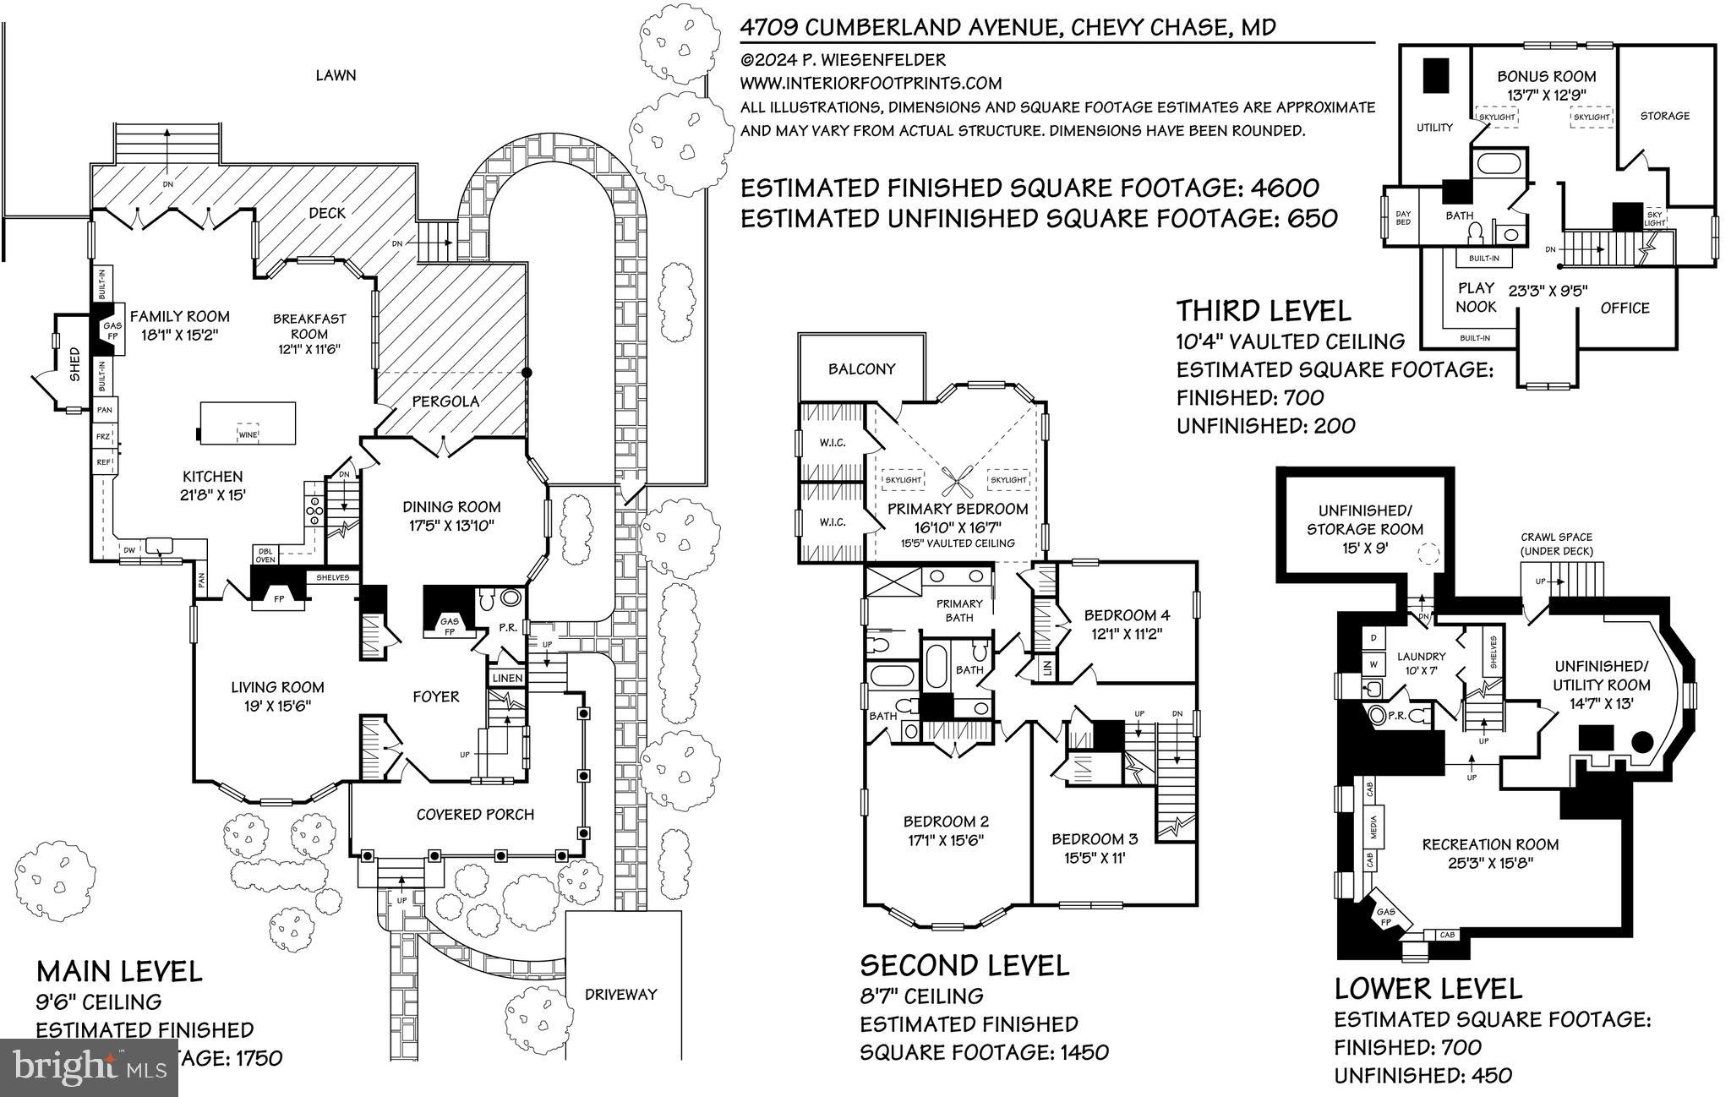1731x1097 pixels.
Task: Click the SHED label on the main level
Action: coord(74,363)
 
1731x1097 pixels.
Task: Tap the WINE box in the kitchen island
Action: coord(248,434)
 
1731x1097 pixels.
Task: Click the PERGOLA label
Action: coord(445,401)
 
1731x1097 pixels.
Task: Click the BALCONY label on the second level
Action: coord(861,369)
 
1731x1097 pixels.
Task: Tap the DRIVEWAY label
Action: coord(620,995)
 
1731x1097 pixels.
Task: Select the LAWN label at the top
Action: coord(336,75)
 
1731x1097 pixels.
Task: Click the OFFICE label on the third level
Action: coord(1625,308)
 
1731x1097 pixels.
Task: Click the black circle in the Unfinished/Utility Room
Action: coord(1641,743)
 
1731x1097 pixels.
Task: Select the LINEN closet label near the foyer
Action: coord(507,678)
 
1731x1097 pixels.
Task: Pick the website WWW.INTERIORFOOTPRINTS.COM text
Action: coord(871,83)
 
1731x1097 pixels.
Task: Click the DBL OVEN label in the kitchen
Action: coord(265,554)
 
